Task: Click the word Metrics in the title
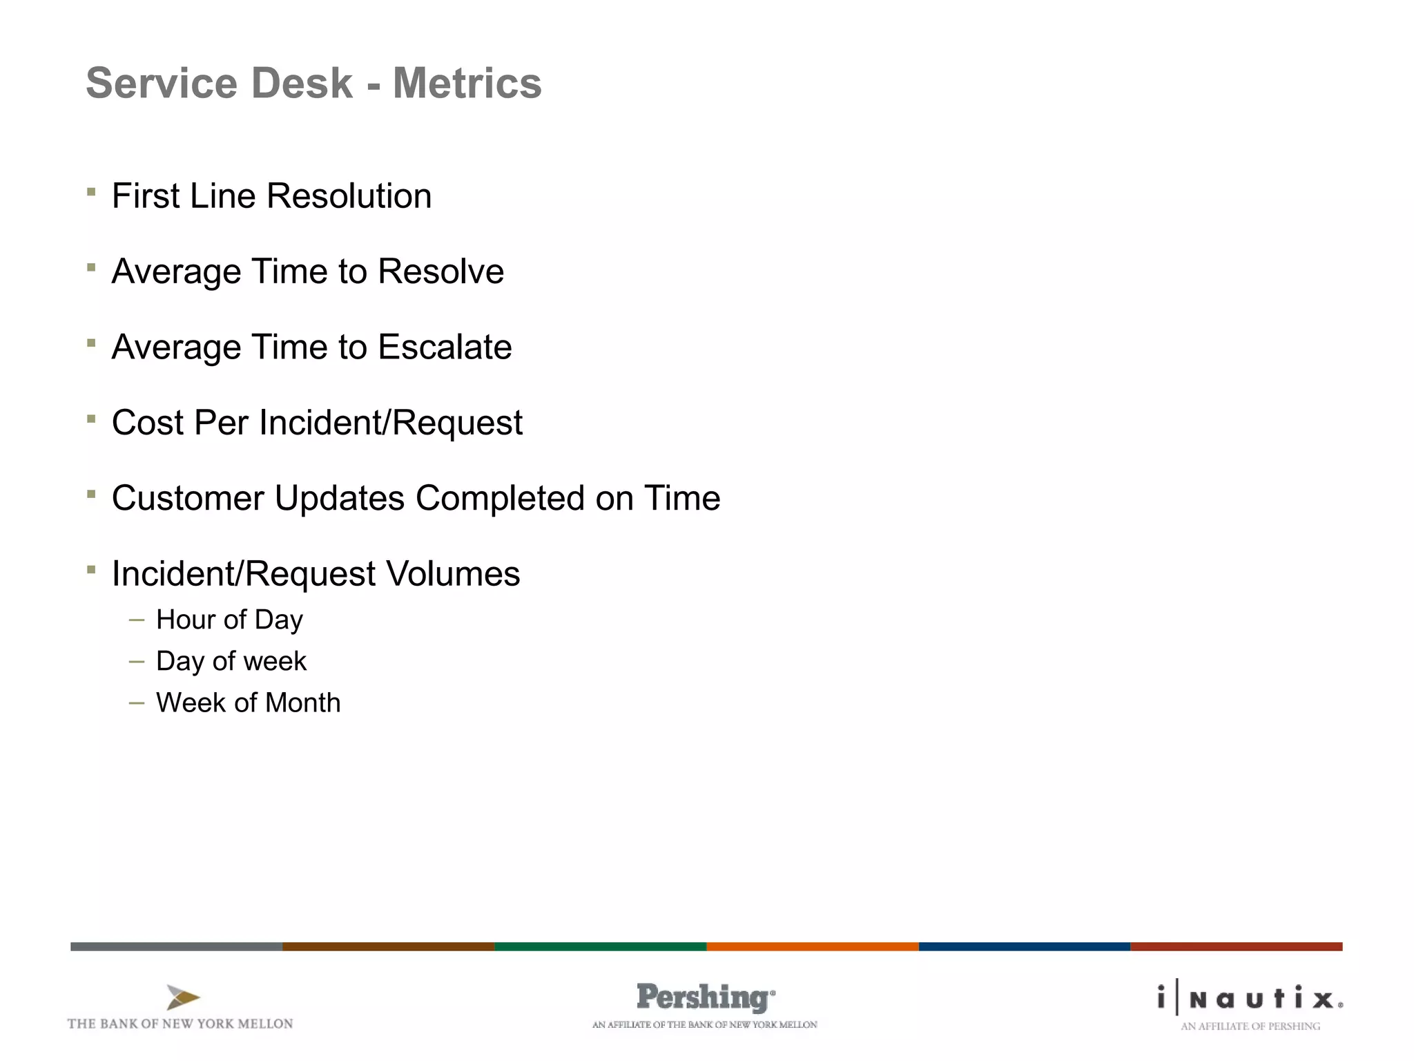[x=467, y=84]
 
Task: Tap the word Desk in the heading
[x=302, y=84]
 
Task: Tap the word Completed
[x=500, y=498]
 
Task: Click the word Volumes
[x=452, y=574]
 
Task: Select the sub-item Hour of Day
[x=229, y=620]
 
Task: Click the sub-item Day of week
[x=231, y=662]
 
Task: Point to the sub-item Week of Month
[x=248, y=703]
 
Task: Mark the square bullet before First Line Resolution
[x=91, y=191]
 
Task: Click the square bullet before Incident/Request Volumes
[x=91, y=569]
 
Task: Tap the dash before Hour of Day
[x=137, y=620]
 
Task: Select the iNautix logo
[x=1250, y=999]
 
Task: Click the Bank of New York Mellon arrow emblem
[x=182, y=997]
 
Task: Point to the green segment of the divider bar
[x=601, y=946]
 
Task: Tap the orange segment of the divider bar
[x=813, y=946]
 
